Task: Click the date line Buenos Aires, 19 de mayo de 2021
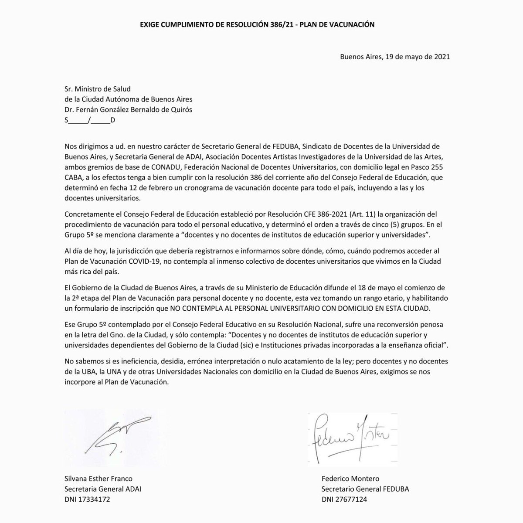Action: [x=395, y=57]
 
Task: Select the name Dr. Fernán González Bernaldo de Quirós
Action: [x=128, y=110]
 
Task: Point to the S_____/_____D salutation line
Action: [x=89, y=121]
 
